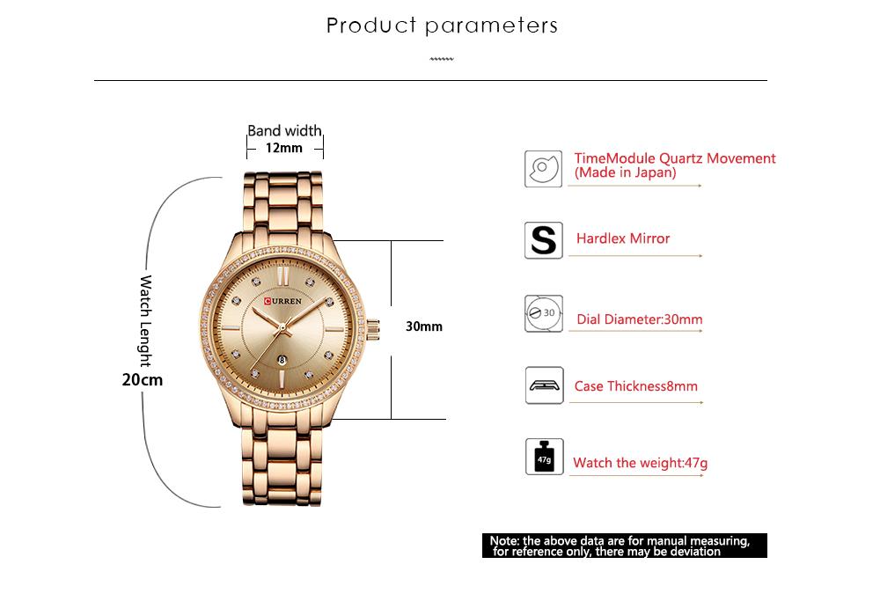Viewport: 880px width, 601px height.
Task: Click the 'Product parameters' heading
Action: tap(442, 26)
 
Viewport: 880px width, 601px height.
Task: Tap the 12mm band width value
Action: tap(284, 148)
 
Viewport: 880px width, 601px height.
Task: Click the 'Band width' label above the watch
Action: tap(284, 130)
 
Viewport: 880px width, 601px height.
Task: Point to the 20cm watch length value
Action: tap(143, 380)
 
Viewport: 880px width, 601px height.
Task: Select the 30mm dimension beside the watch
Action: tap(424, 326)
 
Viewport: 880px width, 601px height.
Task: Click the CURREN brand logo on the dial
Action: tap(282, 301)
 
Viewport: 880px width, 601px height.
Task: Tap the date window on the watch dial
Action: tap(282, 360)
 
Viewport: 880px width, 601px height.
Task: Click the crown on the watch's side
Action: tap(373, 329)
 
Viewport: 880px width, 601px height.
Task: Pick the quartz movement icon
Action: tap(543, 169)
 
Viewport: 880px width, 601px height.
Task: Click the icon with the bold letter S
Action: tap(543, 240)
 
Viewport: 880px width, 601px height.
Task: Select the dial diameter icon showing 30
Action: tap(544, 313)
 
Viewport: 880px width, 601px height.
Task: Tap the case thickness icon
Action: tap(545, 385)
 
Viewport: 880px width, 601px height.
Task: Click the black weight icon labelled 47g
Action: tap(545, 457)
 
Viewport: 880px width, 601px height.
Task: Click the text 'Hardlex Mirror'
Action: tap(623, 238)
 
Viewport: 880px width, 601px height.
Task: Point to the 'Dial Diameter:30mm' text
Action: tap(640, 319)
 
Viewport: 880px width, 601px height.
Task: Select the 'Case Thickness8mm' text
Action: tap(636, 386)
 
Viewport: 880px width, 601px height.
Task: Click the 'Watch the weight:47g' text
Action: tap(641, 463)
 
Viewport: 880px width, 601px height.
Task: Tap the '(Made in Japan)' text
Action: tap(625, 172)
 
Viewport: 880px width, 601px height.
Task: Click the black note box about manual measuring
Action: tap(625, 546)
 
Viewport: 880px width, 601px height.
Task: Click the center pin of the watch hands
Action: tap(282, 327)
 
